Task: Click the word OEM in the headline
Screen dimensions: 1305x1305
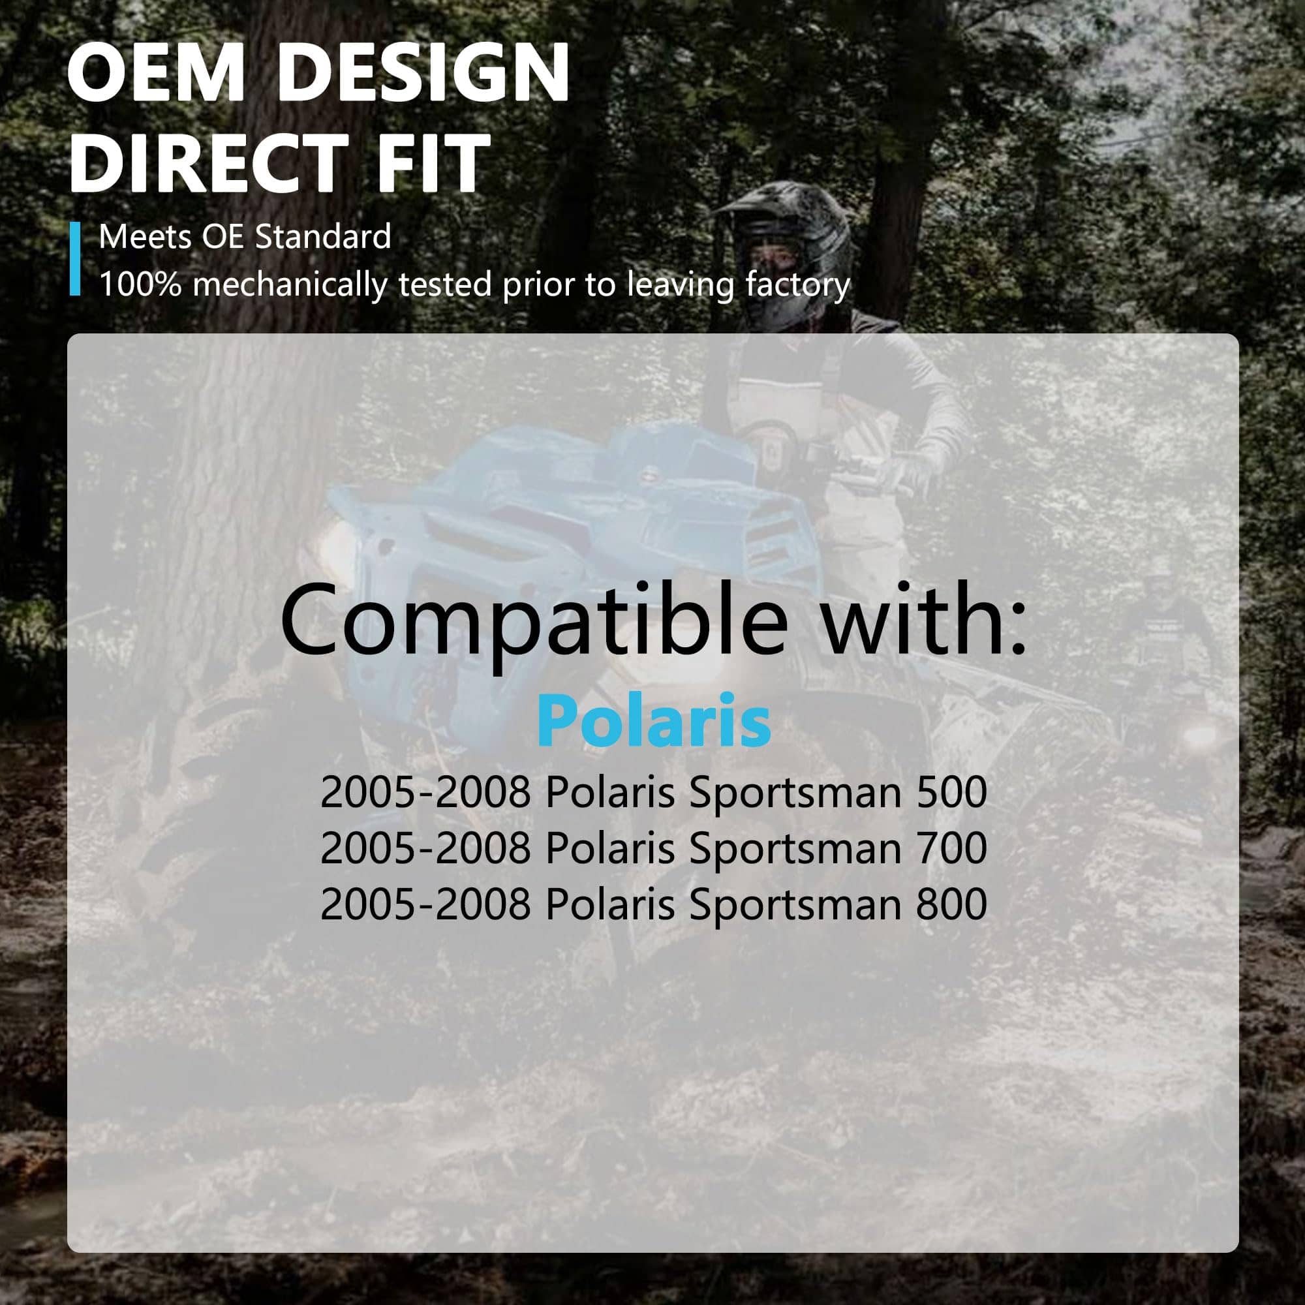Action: tap(156, 72)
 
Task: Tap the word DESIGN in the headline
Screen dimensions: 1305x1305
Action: tap(423, 72)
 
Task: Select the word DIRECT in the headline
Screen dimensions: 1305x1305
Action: tap(209, 162)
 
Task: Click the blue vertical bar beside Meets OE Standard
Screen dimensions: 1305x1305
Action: tap(75, 258)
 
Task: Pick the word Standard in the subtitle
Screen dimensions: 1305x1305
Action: tap(323, 237)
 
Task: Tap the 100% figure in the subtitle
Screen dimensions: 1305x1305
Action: tap(140, 285)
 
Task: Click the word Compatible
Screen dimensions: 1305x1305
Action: tap(534, 622)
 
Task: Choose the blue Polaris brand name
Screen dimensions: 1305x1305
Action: tap(654, 721)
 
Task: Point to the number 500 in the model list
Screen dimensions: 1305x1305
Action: tap(952, 792)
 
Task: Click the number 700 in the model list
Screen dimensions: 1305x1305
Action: tap(952, 848)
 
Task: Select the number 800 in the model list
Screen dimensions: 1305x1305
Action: tap(952, 904)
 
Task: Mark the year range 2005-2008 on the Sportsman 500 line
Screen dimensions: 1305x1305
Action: tap(425, 792)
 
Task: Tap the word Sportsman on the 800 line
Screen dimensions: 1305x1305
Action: tap(795, 906)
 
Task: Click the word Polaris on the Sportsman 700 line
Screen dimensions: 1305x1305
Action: tap(610, 848)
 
